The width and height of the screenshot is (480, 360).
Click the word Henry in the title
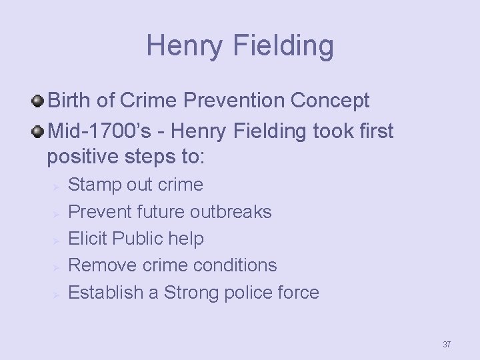tap(184, 45)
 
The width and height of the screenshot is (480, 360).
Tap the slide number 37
tap(447, 345)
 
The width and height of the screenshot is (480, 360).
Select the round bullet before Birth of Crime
tap(38, 101)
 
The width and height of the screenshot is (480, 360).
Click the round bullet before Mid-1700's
tap(38, 131)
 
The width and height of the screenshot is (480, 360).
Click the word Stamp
tap(95, 185)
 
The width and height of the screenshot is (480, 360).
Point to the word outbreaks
tap(231, 212)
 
